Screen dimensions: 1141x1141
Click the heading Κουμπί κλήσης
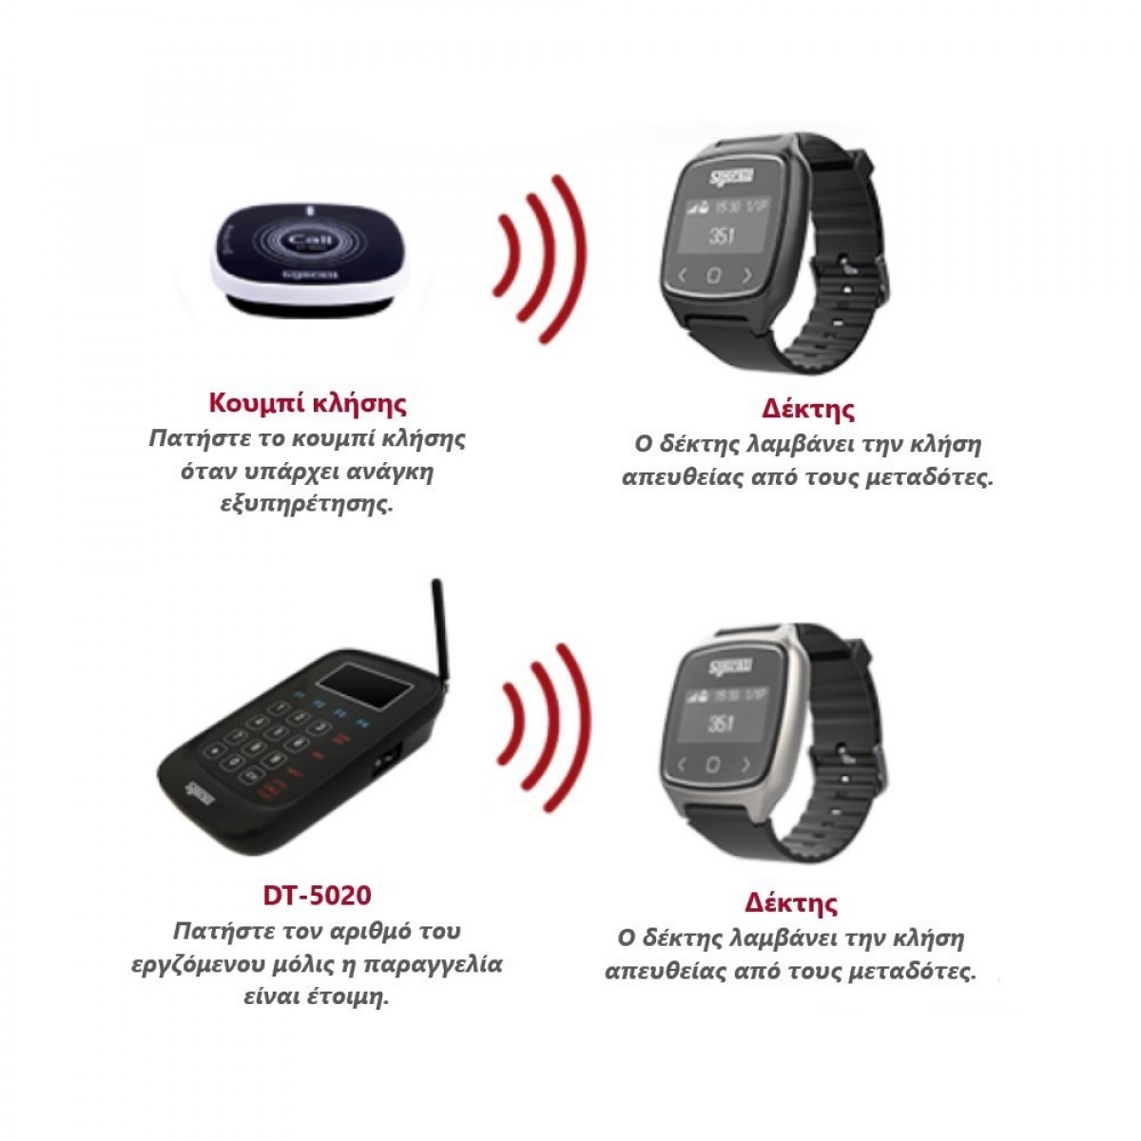pos(307,403)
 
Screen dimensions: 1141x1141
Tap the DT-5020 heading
pos(317,895)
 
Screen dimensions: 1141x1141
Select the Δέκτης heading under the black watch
pos(808,410)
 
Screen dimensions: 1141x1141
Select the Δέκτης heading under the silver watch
pos(791,901)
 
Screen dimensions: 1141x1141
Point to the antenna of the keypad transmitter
pos(439,628)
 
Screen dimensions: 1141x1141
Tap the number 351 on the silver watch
pos(722,725)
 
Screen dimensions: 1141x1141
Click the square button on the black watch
pos(714,276)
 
